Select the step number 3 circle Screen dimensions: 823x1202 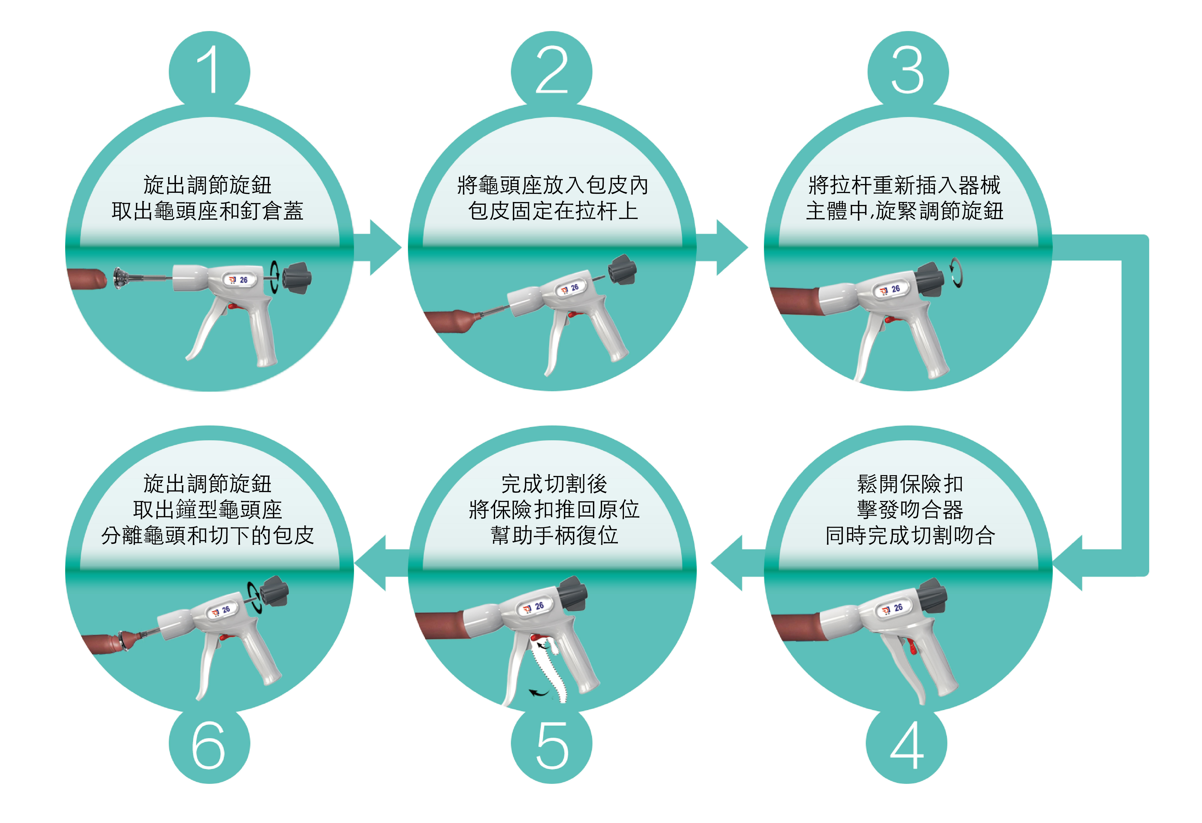908,70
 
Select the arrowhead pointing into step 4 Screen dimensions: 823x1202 1068,563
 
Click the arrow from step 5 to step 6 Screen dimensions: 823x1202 378,563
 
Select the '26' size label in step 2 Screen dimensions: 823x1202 574,288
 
